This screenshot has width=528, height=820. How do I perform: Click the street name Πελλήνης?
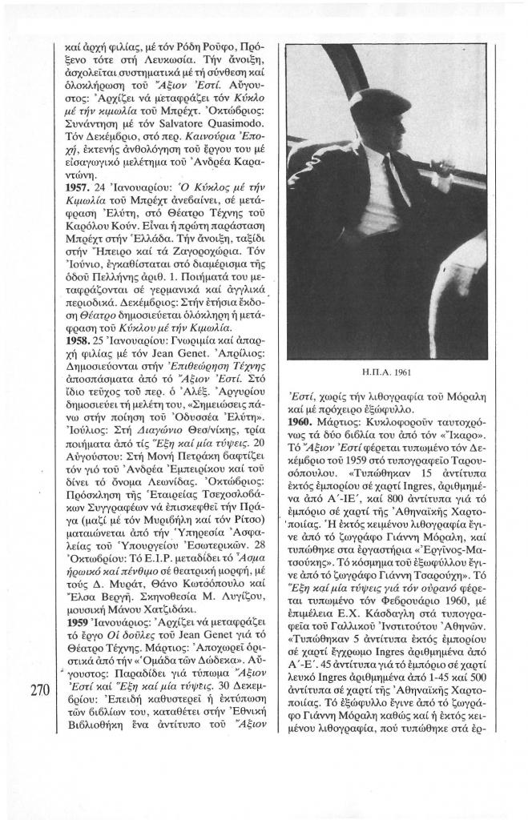tap(111, 301)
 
